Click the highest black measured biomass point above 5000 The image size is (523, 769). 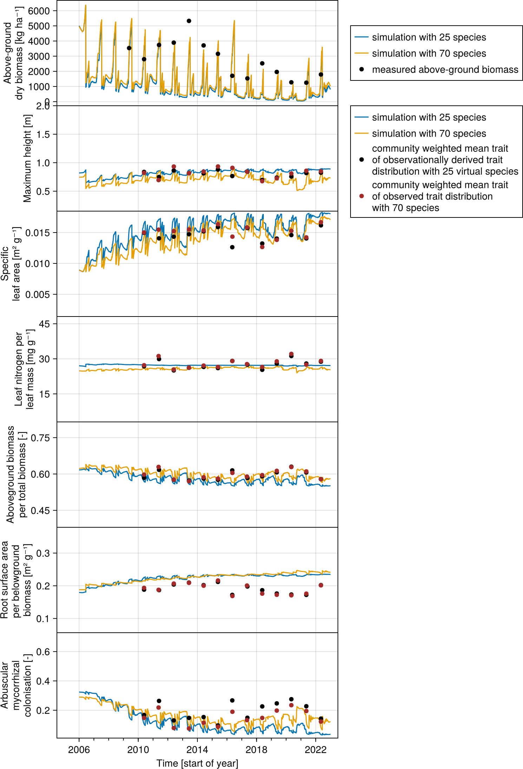tap(189, 21)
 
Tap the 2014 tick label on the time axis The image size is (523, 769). tap(197, 750)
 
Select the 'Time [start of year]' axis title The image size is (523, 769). tap(197, 763)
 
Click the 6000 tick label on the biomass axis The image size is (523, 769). tap(39, 11)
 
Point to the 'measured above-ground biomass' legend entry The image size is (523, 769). tap(445, 70)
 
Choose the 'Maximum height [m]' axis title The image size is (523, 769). tap(27, 158)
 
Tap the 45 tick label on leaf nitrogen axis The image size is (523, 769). tap(44, 324)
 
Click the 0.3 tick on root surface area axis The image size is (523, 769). tap(43, 553)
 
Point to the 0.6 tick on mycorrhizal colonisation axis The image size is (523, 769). tap(43, 652)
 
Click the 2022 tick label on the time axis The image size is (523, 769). tap(315, 750)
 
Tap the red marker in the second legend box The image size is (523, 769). tap(361, 196)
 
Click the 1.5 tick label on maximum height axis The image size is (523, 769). tap(43, 134)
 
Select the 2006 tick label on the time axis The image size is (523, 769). tap(79, 750)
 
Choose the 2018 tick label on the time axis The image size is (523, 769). tap(256, 750)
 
